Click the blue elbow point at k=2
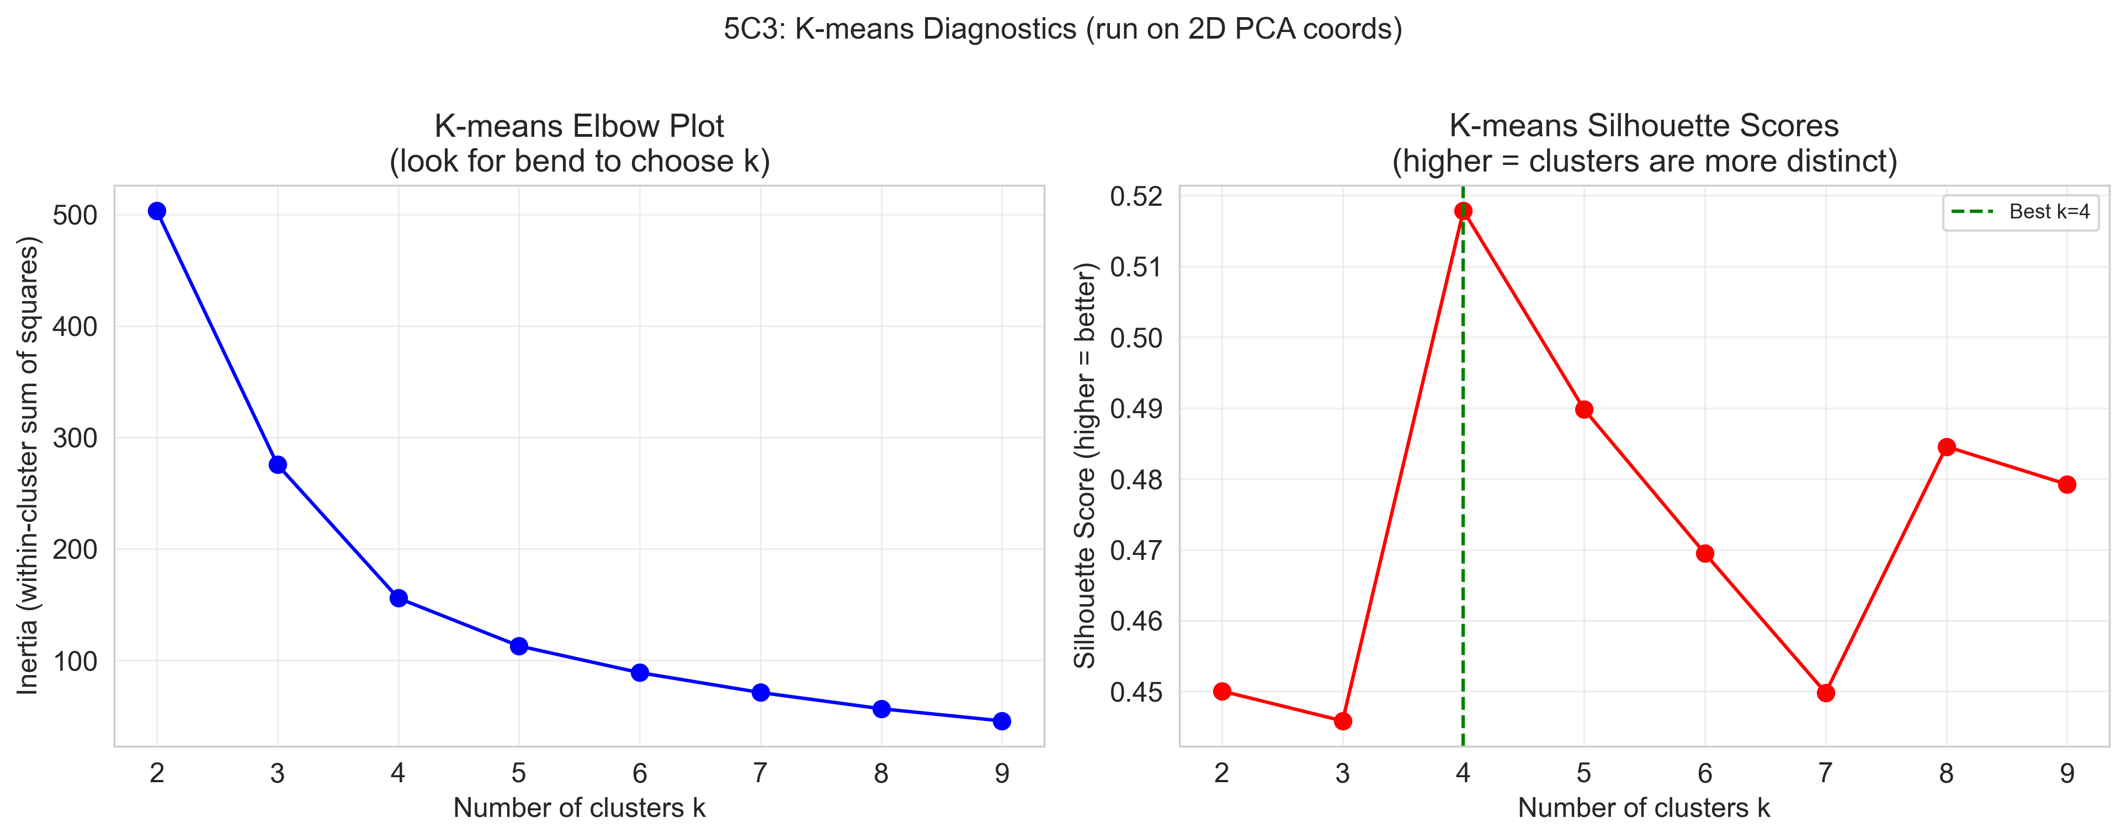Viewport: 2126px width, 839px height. (157, 211)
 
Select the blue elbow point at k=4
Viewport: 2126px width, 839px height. (398, 598)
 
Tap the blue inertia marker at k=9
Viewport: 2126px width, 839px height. (1002, 721)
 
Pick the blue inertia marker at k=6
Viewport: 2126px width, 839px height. (640, 672)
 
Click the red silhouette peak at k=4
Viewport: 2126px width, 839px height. (1463, 211)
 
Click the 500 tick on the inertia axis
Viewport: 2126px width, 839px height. (75, 215)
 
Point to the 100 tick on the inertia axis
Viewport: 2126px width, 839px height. (75, 661)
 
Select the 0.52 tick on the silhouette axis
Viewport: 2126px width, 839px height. (1136, 196)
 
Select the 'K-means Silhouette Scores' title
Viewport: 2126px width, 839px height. (1644, 126)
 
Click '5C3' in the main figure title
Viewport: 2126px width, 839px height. (754, 29)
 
